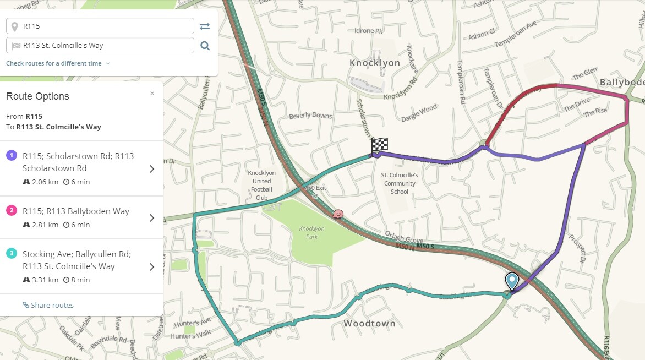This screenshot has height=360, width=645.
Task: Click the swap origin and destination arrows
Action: [205, 26]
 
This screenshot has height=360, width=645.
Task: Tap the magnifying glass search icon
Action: [205, 46]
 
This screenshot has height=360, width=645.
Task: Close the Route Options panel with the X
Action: [152, 94]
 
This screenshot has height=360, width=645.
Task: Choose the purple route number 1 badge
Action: [11, 156]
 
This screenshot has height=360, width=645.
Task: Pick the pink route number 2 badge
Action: [11, 211]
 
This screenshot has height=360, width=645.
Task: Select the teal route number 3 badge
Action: [11, 254]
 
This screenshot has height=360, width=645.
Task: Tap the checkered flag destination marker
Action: [379, 145]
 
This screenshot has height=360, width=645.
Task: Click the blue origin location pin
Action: [512, 281]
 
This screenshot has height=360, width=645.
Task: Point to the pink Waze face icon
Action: [338, 213]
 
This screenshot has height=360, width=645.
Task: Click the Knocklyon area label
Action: [375, 63]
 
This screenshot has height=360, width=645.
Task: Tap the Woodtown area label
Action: [369, 324]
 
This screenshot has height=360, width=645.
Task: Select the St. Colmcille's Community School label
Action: [400, 183]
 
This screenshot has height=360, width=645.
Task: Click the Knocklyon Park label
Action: [311, 232]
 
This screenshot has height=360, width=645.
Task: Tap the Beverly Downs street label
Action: [311, 115]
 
